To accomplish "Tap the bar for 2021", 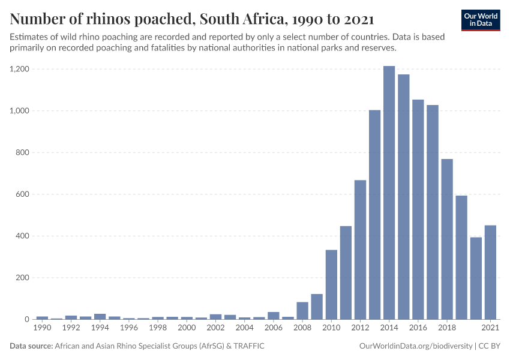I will tap(490, 272).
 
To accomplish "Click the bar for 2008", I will tap(302, 310).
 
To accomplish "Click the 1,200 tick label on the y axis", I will tap(19, 69).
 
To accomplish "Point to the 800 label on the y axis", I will tap(22, 152).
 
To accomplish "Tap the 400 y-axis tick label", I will tap(22, 236).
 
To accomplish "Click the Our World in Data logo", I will tap(481, 20).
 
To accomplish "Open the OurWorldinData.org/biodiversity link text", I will tap(415, 346).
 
